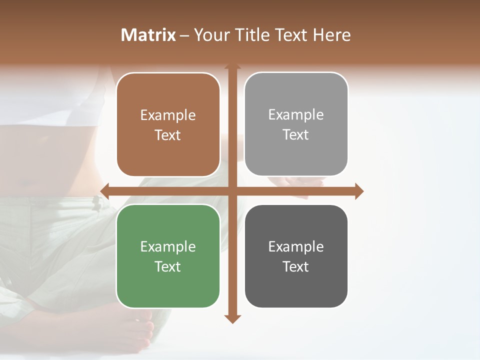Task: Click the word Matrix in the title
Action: tap(148, 35)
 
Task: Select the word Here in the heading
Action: tap(332, 35)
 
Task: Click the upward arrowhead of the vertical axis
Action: tap(232, 66)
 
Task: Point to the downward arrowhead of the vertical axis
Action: tap(232, 318)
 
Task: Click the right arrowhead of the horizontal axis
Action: tap(359, 191)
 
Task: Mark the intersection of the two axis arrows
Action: tap(232, 191)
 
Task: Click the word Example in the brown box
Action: tap(168, 115)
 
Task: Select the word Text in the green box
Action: tap(168, 266)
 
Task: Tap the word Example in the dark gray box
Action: tap(296, 246)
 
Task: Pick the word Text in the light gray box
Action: tap(296, 135)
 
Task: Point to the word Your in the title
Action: tap(211, 35)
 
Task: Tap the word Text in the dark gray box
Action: tap(296, 266)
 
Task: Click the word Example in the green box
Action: tap(168, 246)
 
